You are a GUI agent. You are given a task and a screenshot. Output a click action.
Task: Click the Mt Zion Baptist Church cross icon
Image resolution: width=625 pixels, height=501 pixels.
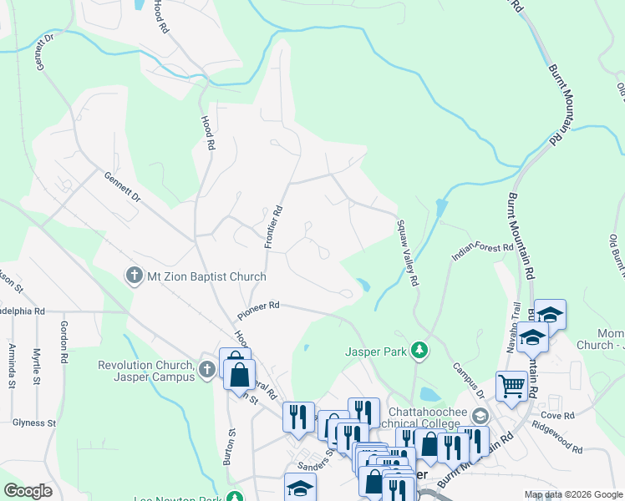tap(132, 276)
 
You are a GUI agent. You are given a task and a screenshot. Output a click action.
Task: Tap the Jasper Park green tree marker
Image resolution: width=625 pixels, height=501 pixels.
tap(422, 352)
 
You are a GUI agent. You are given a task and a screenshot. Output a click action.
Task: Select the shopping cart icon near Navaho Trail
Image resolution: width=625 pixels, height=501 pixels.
tap(511, 386)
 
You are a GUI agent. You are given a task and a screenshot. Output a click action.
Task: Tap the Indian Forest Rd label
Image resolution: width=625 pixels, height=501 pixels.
tap(482, 248)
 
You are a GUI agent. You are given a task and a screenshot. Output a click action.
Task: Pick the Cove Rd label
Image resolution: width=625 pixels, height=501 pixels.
tap(557, 415)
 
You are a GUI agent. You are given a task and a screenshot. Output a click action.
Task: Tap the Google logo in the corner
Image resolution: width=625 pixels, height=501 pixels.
tap(28, 490)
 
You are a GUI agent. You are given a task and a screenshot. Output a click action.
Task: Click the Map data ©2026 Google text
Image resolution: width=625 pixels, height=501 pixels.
tap(572, 494)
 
